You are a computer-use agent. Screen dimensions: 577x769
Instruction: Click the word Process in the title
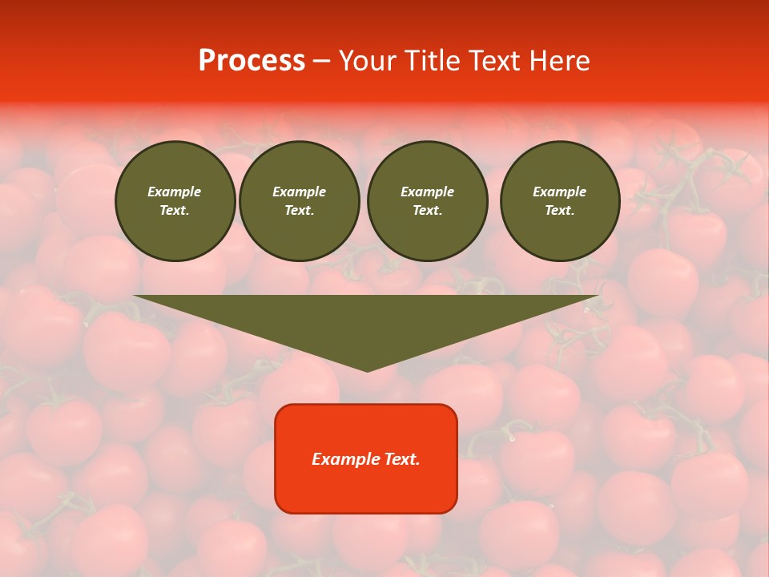pyautogui.click(x=252, y=61)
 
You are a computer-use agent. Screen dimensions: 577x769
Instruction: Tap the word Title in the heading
pyautogui.click(x=437, y=61)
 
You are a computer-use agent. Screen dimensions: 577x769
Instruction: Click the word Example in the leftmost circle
pyautogui.click(x=175, y=192)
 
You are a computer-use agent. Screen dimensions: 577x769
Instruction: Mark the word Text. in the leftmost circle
pyautogui.click(x=175, y=211)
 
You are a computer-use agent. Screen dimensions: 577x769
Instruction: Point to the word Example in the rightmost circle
pyautogui.click(x=560, y=192)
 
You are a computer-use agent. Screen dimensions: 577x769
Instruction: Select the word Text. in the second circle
pyautogui.click(x=300, y=211)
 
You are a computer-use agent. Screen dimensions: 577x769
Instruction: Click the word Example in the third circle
pyautogui.click(x=427, y=192)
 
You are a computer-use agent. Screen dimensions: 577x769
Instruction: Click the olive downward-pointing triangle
pyautogui.click(x=367, y=321)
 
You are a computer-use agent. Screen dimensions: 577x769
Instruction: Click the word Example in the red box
pyautogui.click(x=343, y=459)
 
